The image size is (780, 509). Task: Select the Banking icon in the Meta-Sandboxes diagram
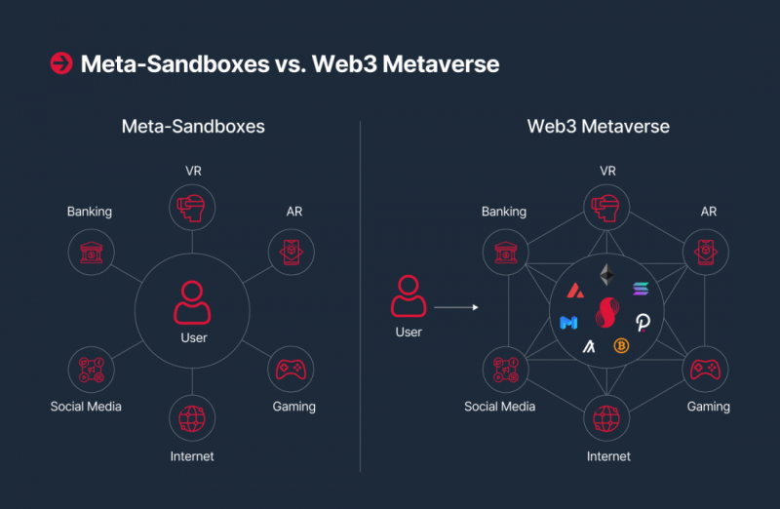[x=90, y=253]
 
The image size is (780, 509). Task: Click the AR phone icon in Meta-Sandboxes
[x=291, y=253]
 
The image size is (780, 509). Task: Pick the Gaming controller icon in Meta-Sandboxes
[x=291, y=370]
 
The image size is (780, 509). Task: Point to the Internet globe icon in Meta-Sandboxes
[x=192, y=418]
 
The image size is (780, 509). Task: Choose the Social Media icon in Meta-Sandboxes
[x=90, y=370]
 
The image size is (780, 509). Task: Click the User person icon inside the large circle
[x=192, y=302]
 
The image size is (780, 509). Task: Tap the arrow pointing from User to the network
[x=456, y=308]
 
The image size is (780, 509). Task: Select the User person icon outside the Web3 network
[x=408, y=294]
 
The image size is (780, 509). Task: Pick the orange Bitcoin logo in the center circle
[x=620, y=345]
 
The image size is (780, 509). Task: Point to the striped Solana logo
[x=641, y=289]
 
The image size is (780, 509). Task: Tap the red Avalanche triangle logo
[x=577, y=290]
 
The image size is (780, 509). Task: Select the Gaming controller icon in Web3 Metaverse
[x=706, y=370]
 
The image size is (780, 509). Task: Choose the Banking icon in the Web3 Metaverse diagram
[x=505, y=253]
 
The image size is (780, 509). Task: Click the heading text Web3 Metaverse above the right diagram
[x=598, y=127]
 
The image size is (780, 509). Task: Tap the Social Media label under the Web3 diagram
[x=500, y=407]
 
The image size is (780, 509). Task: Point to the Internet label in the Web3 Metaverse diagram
[x=607, y=455]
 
